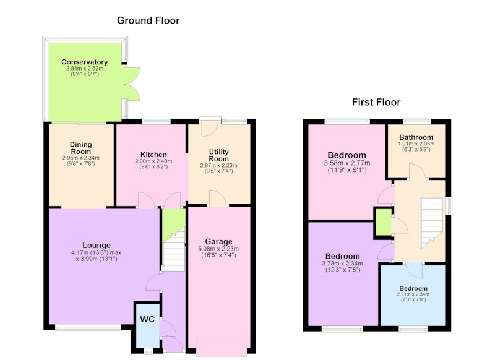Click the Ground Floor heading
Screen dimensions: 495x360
(148, 20)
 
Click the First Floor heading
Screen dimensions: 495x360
(376, 102)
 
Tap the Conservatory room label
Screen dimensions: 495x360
(85, 62)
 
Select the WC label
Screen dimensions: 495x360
(147, 319)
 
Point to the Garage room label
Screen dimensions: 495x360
(219, 242)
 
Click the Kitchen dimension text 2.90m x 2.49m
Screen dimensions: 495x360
(153, 161)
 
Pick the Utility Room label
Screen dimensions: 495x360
(219, 155)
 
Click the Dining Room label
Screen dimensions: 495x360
(81, 148)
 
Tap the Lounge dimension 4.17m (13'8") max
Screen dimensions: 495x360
(97, 253)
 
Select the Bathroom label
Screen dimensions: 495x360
(416, 137)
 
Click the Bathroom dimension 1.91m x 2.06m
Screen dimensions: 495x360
(416, 144)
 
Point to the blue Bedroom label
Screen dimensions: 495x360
(413, 288)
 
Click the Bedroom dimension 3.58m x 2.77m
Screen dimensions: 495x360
(347, 163)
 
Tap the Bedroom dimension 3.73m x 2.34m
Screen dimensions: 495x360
(343, 264)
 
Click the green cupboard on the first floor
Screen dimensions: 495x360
(383, 222)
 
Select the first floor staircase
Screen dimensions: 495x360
(431, 223)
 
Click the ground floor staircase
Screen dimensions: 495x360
(173, 249)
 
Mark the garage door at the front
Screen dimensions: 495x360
(222, 348)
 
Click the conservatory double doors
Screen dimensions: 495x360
(131, 84)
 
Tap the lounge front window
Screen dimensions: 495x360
(88, 328)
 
